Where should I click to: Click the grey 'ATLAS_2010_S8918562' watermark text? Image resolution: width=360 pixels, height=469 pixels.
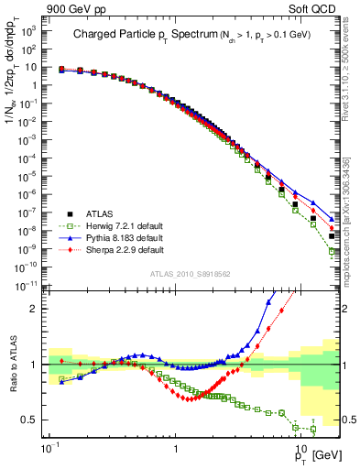pos(191,274)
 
